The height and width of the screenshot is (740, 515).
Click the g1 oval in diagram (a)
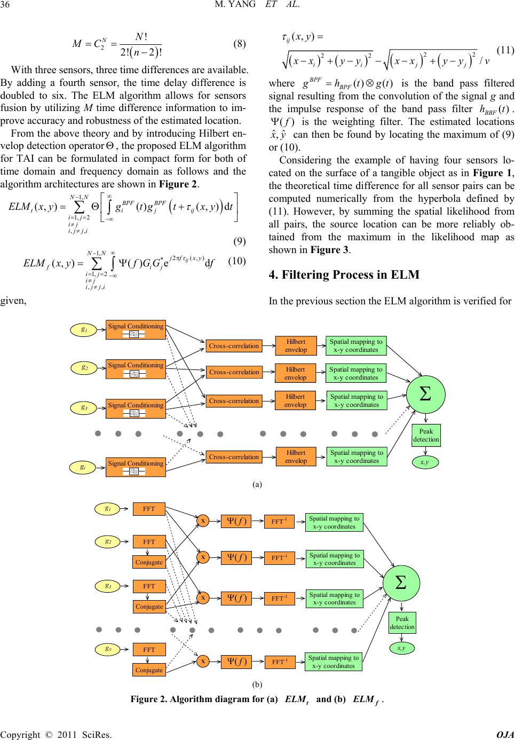pos(84,329)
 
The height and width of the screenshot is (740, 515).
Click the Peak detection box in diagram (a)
pos(426,435)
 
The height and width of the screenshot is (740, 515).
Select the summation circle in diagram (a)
pos(425,395)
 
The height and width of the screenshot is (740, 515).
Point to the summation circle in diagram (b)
pos(401,582)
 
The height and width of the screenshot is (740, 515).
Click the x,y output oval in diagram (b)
pos(401,648)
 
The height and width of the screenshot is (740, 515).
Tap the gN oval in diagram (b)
pos(108,649)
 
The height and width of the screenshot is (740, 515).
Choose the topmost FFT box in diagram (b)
pos(149,509)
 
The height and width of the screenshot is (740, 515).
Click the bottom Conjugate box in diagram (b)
pos(149,670)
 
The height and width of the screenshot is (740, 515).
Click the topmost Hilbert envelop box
pos(296,345)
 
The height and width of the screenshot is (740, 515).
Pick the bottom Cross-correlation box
pos(234,456)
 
